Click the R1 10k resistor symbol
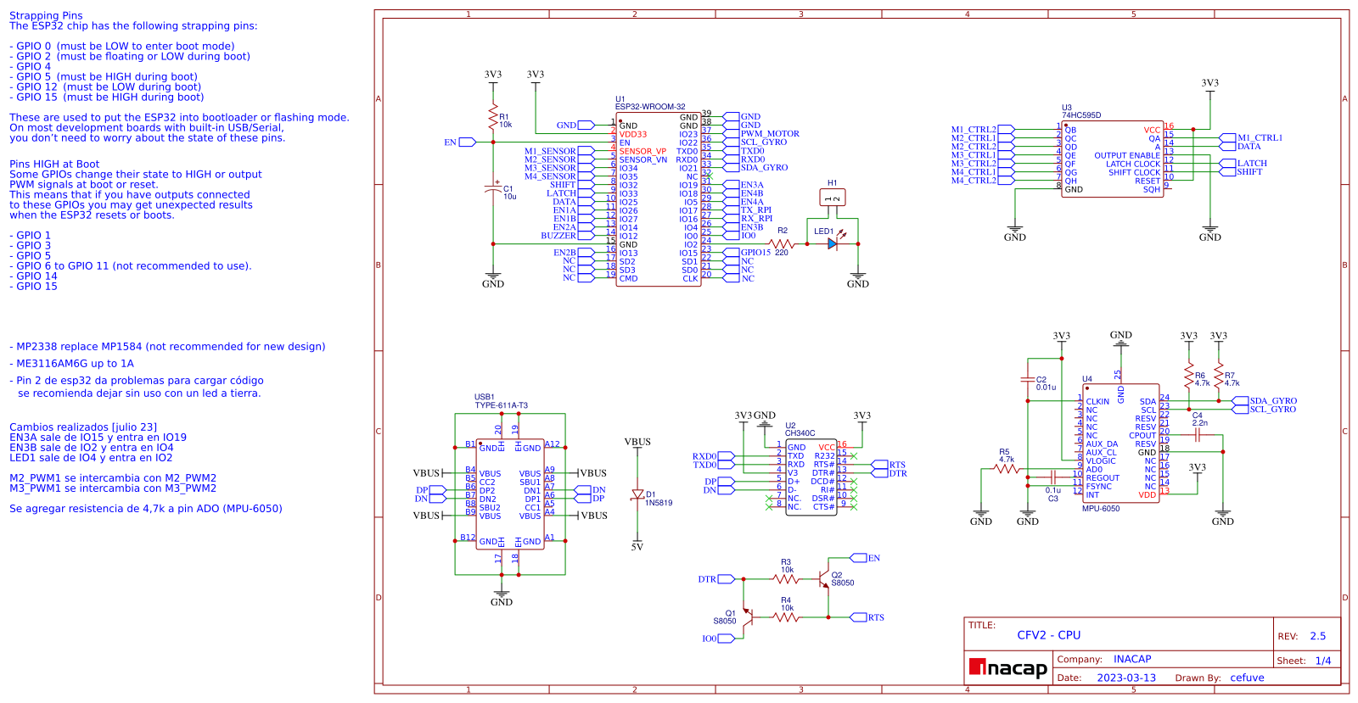tap(493, 118)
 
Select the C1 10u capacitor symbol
tap(493, 190)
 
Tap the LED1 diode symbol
tap(833, 243)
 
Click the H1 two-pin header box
tap(833, 198)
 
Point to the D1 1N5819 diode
tap(637, 494)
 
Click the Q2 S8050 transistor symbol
tap(822, 579)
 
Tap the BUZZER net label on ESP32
tap(558, 236)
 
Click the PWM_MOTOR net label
tap(770, 134)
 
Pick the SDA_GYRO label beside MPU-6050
tap(1272, 401)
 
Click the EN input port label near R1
tap(451, 142)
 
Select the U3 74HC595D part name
tap(1081, 115)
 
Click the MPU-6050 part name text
tap(1101, 509)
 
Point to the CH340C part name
tap(800, 433)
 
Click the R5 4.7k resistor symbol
tap(1006, 469)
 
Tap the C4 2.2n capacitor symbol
tap(1198, 435)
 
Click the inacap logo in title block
tap(1008, 668)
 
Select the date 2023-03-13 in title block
tap(1126, 678)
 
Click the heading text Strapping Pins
tap(46, 15)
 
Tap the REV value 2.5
tap(1317, 636)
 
